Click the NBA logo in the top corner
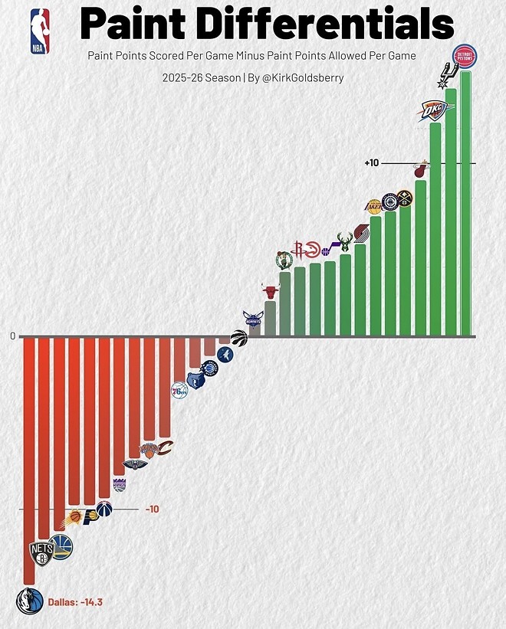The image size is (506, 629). [x=39, y=31]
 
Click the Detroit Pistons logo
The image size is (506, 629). [x=464, y=57]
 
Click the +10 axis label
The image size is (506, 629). [x=372, y=163]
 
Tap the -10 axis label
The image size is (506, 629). [x=152, y=509]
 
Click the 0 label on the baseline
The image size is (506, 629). [x=13, y=336]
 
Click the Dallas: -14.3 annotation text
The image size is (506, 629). [x=75, y=602]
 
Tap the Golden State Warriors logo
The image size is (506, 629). [x=61, y=545]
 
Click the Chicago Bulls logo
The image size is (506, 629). [x=269, y=291]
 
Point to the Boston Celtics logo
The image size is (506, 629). [x=284, y=260]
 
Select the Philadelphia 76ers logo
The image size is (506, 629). [x=179, y=391]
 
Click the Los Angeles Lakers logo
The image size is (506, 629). [x=373, y=207]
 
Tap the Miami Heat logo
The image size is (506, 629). [x=419, y=169]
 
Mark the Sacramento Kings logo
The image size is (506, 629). [x=120, y=483]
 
